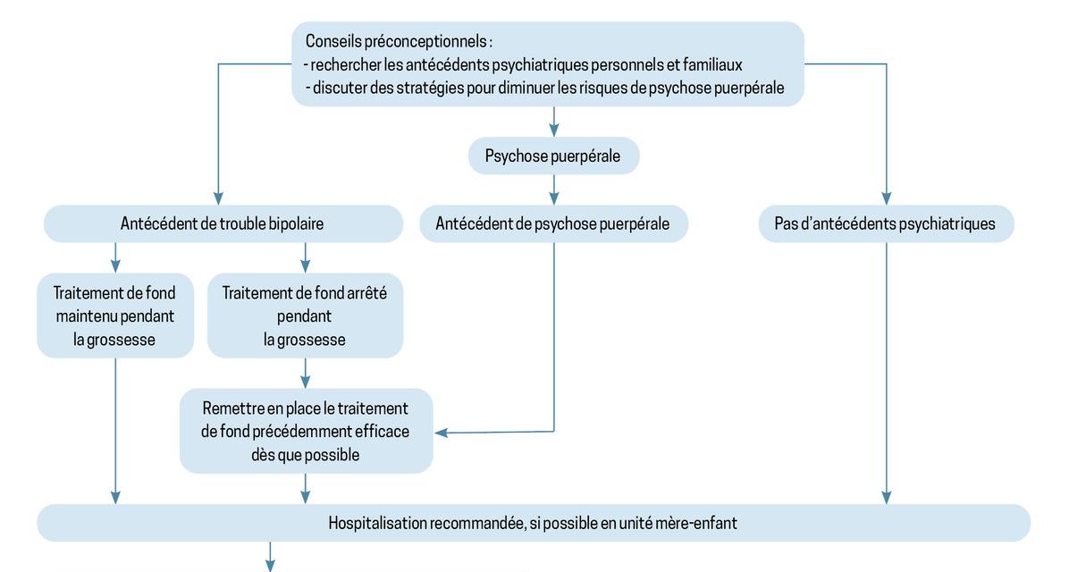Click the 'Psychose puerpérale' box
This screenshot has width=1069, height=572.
click(553, 156)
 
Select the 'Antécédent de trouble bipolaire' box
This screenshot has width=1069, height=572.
click(223, 223)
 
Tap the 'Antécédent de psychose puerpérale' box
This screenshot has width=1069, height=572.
click(553, 223)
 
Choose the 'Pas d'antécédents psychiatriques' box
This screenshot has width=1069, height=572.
click(886, 223)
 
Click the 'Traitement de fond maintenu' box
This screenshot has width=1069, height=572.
click(115, 315)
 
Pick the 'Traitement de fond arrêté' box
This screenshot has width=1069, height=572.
click(305, 315)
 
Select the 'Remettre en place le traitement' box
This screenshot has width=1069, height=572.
click(306, 431)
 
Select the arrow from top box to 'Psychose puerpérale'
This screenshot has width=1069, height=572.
click(553, 122)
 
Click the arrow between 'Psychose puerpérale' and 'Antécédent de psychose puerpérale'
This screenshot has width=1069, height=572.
click(553, 189)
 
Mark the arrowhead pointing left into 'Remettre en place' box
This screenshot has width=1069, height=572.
click(442, 433)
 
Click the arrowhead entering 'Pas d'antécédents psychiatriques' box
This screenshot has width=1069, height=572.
click(887, 198)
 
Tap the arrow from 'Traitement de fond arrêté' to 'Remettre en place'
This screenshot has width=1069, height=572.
click(305, 373)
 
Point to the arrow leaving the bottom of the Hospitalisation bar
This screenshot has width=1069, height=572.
click(270, 557)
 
